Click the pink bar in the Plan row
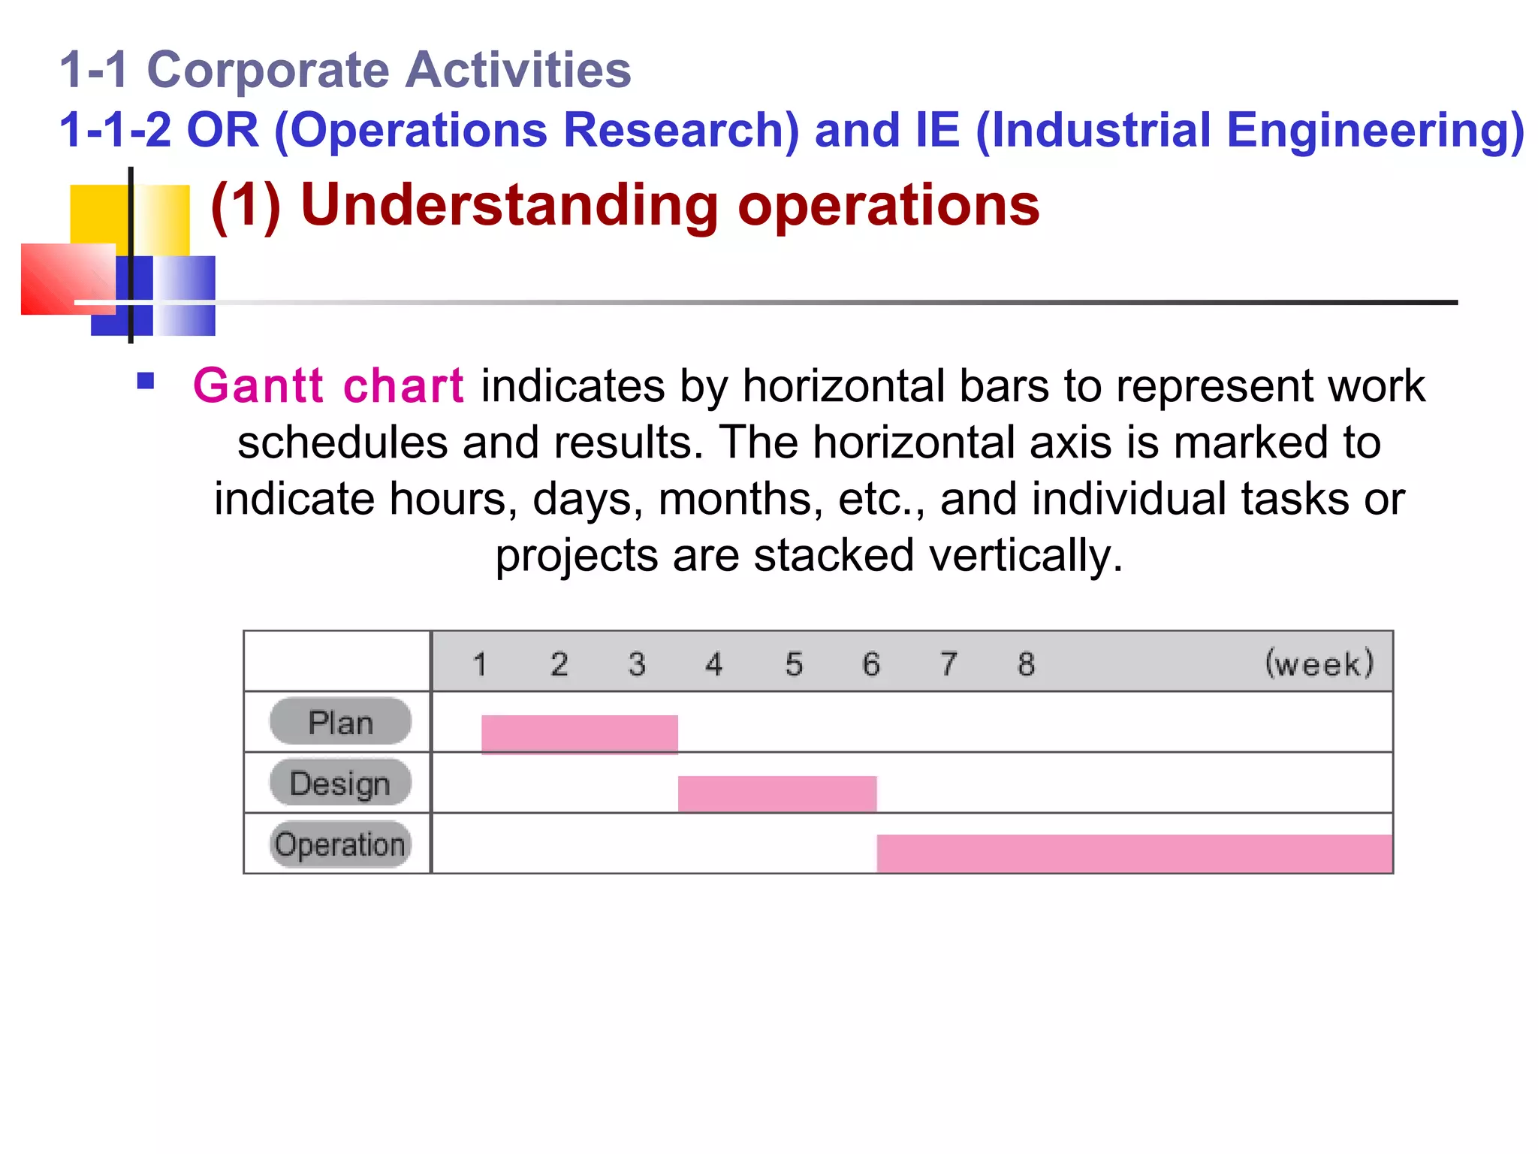579,733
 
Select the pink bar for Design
777,793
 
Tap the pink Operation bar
1134,853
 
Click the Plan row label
340,723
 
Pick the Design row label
340,784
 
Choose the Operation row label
340,844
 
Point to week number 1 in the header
480,664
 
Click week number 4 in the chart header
713,664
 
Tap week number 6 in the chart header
870,664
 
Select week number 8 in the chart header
1026,664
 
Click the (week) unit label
1319,664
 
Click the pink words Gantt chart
328,386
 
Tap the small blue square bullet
146,381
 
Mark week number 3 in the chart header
637,664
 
